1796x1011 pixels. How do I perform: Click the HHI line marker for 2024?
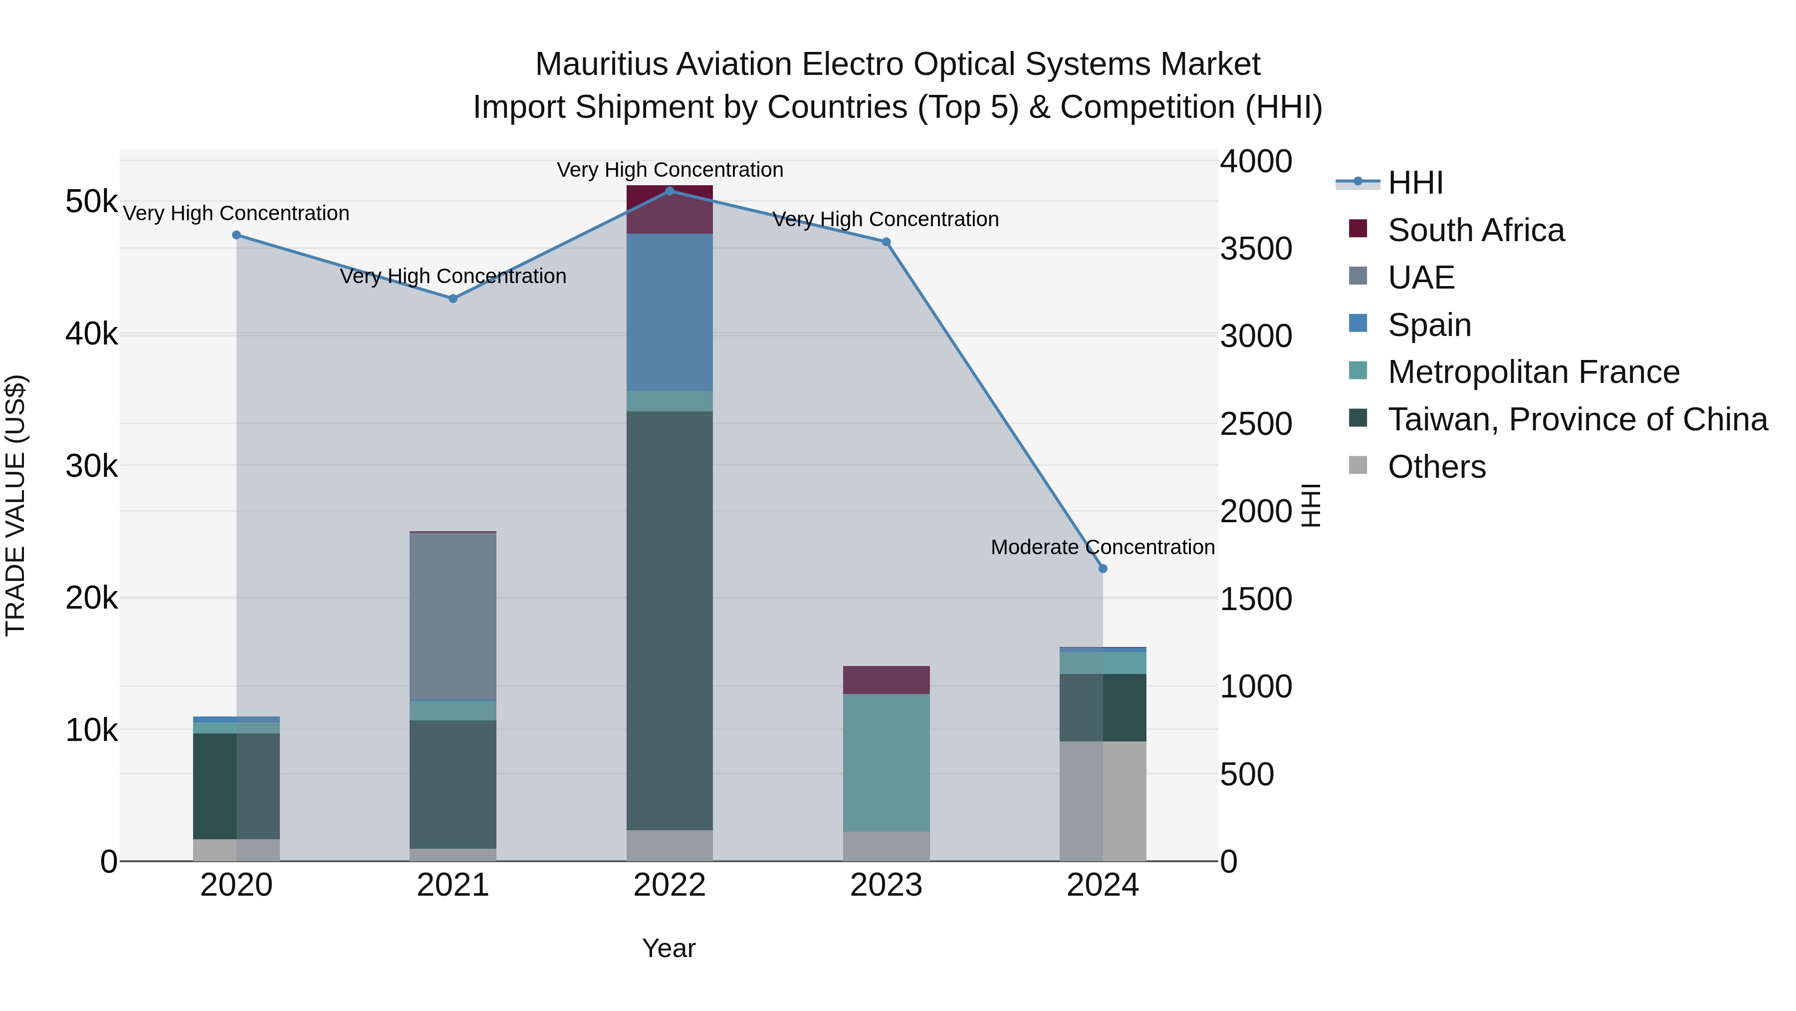(1102, 569)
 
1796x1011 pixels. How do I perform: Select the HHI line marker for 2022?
(670, 191)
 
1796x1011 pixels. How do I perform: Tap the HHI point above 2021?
(452, 299)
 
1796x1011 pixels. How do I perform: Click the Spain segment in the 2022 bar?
(670, 313)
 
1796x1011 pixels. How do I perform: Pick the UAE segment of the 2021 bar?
(452, 616)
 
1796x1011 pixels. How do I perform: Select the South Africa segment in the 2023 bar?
(886, 680)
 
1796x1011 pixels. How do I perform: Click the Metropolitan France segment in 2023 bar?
(886, 762)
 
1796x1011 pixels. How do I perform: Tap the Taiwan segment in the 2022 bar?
(670, 621)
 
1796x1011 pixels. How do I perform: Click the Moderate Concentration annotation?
(1102, 548)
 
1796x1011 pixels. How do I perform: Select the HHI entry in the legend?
(1415, 183)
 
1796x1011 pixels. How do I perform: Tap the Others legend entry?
(1436, 467)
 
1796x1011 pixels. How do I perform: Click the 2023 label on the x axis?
(886, 885)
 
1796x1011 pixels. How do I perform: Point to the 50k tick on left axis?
(91, 202)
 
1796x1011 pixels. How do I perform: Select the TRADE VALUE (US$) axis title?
(15, 505)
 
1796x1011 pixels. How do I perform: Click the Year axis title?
(669, 948)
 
